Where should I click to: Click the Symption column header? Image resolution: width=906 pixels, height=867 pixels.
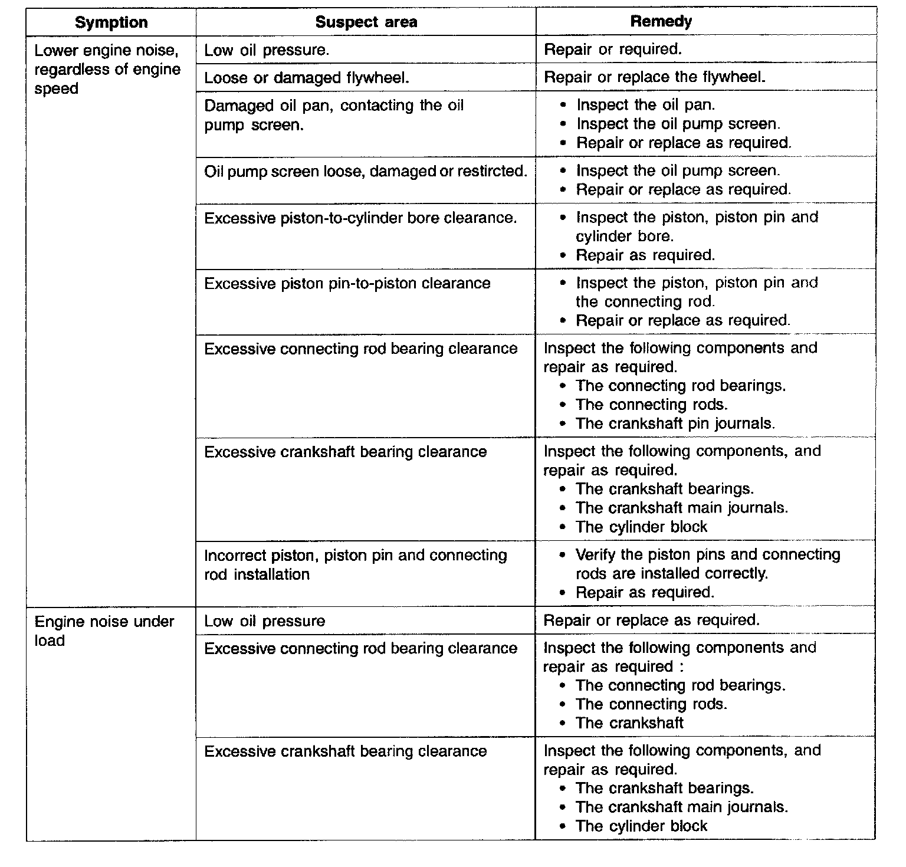[x=111, y=22]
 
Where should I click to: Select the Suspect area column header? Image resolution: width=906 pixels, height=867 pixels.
[x=366, y=22]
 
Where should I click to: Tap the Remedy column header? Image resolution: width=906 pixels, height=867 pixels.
[x=661, y=22]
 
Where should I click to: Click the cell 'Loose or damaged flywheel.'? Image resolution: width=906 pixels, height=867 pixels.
[x=306, y=78]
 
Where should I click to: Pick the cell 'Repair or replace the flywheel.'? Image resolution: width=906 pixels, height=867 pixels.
[x=654, y=77]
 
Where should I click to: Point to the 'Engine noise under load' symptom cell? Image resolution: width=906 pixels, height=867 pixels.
[x=104, y=631]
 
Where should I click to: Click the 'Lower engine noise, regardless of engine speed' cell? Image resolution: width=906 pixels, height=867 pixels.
[x=107, y=70]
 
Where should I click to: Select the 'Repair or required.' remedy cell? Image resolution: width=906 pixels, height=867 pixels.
[x=612, y=50]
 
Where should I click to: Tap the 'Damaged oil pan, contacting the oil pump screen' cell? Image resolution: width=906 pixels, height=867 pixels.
[x=333, y=116]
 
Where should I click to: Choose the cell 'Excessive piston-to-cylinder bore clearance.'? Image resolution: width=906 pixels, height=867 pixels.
[x=360, y=218]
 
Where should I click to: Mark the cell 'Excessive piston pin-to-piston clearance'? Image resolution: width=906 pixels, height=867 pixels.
[x=347, y=284]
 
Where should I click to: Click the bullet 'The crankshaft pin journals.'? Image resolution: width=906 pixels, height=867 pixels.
[x=675, y=423]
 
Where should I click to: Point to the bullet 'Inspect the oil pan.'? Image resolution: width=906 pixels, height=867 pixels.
[x=645, y=105]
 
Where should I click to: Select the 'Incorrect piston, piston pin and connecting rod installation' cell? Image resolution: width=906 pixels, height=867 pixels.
[x=355, y=564]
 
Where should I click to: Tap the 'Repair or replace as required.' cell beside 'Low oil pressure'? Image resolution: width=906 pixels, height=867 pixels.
[x=651, y=620]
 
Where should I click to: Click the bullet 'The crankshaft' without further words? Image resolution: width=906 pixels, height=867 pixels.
[x=629, y=723]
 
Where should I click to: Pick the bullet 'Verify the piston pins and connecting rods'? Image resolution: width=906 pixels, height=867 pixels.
[x=707, y=564]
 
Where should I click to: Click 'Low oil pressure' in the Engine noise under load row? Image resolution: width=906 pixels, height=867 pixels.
[x=264, y=621]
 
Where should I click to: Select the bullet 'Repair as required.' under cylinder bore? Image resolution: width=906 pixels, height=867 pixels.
[x=645, y=255]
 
